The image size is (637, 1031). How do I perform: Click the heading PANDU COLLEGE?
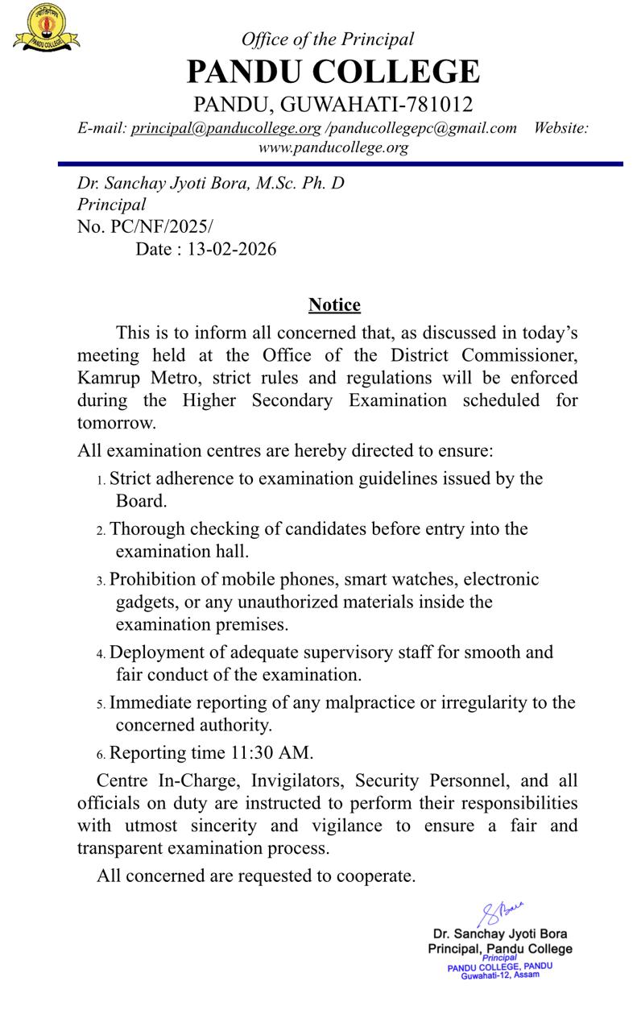pos(333,72)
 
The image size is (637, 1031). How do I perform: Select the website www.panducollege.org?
pos(333,147)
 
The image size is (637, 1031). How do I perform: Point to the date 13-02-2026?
pos(231,250)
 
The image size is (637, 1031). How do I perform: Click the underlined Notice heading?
pos(334,305)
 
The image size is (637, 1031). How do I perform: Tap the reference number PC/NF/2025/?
pos(160,227)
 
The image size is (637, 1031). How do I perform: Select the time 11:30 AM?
pos(268,753)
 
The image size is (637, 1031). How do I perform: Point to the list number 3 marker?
pos(101,581)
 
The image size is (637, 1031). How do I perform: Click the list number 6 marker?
pos(101,755)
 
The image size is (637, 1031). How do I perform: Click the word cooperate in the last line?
pos(376,876)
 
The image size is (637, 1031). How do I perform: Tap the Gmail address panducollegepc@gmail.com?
pos(423,128)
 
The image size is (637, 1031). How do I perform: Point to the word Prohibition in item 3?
pos(155,579)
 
